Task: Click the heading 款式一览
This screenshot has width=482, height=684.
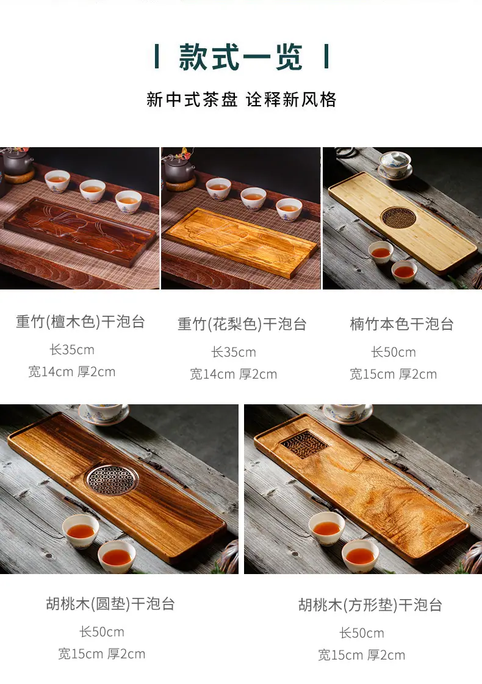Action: [240, 57]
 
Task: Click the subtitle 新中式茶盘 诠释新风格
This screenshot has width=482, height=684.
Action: [241, 100]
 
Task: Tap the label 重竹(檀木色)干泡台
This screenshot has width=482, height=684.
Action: [81, 322]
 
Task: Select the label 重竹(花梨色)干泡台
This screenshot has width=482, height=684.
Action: [242, 324]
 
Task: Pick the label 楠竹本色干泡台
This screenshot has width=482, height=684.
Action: [402, 324]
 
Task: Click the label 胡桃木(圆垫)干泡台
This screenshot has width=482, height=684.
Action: [110, 604]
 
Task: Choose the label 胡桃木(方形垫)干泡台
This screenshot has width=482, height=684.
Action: [370, 605]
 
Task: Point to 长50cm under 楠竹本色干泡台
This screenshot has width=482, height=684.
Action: [394, 352]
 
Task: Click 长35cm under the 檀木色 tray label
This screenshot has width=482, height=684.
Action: [72, 349]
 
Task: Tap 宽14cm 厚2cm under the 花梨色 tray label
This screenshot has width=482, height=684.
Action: [233, 374]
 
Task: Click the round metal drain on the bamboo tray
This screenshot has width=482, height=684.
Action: [398, 217]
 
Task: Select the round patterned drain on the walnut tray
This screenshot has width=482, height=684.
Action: [112, 479]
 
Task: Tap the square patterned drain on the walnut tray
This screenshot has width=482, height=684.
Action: [304, 445]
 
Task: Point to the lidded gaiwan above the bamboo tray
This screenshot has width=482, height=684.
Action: [395, 165]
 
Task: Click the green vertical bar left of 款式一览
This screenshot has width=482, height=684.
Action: [157, 57]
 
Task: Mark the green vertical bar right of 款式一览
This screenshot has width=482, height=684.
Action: [326, 57]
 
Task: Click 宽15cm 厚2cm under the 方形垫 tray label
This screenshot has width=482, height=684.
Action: [361, 655]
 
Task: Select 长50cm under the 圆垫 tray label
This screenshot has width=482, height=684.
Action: [101, 631]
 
